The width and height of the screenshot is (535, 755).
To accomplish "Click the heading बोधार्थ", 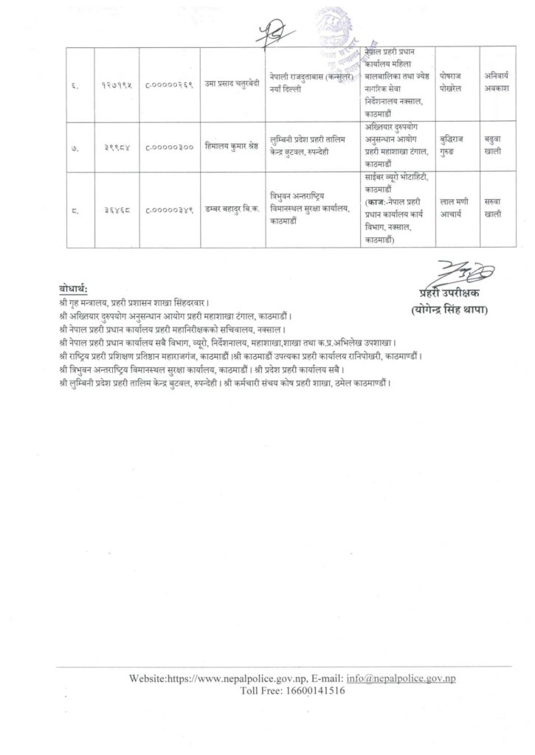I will (x=73, y=288).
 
